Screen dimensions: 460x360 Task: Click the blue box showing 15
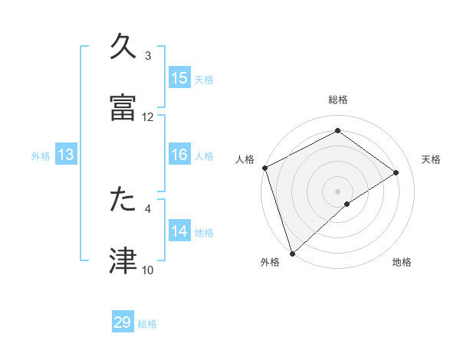(x=179, y=78)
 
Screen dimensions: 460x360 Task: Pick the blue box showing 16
(x=179, y=155)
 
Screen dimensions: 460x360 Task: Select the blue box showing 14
(x=179, y=231)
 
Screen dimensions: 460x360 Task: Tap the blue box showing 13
(x=66, y=155)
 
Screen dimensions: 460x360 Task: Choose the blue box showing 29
(x=123, y=322)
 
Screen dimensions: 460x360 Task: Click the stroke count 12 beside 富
(x=148, y=117)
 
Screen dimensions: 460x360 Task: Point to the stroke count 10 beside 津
(x=148, y=270)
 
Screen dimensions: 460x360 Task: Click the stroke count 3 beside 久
(x=148, y=56)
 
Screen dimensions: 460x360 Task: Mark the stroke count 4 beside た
(x=148, y=208)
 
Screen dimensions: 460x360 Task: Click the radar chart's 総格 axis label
(x=337, y=100)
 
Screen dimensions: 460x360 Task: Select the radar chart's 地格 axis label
(x=402, y=263)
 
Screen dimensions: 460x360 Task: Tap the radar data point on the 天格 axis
(x=396, y=172)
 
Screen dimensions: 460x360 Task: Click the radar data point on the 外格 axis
(x=292, y=253)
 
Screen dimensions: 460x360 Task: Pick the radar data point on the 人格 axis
(x=264, y=168)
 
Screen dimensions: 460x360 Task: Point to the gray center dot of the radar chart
(x=337, y=191)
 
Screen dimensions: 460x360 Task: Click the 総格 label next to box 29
(x=147, y=324)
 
